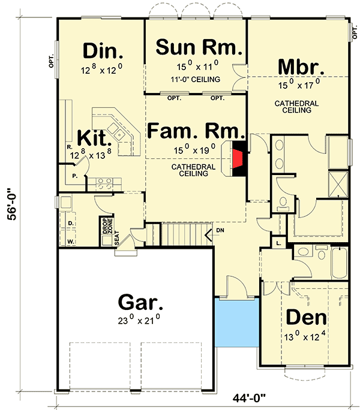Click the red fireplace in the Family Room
(x=238, y=158)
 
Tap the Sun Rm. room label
(x=199, y=47)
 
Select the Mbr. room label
(x=301, y=67)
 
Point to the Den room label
(x=306, y=317)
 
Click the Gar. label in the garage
(x=140, y=303)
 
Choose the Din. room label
(x=103, y=51)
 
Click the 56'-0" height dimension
(x=11, y=204)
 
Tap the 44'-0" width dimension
(x=249, y=398)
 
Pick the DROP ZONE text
(x=107, y=226)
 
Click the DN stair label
(x=220, y=230)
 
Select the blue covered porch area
(x=237, y=322)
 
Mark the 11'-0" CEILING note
(x=196, y=79)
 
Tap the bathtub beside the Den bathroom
(x=340, y=263)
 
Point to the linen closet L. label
(x=278, y=243)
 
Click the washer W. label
(x=70, y=242)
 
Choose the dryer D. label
(x=71, y=224)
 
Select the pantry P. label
(x=75, y=176)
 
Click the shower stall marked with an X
(x=338, y=184)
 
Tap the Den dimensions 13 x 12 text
(x=305, y=336)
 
